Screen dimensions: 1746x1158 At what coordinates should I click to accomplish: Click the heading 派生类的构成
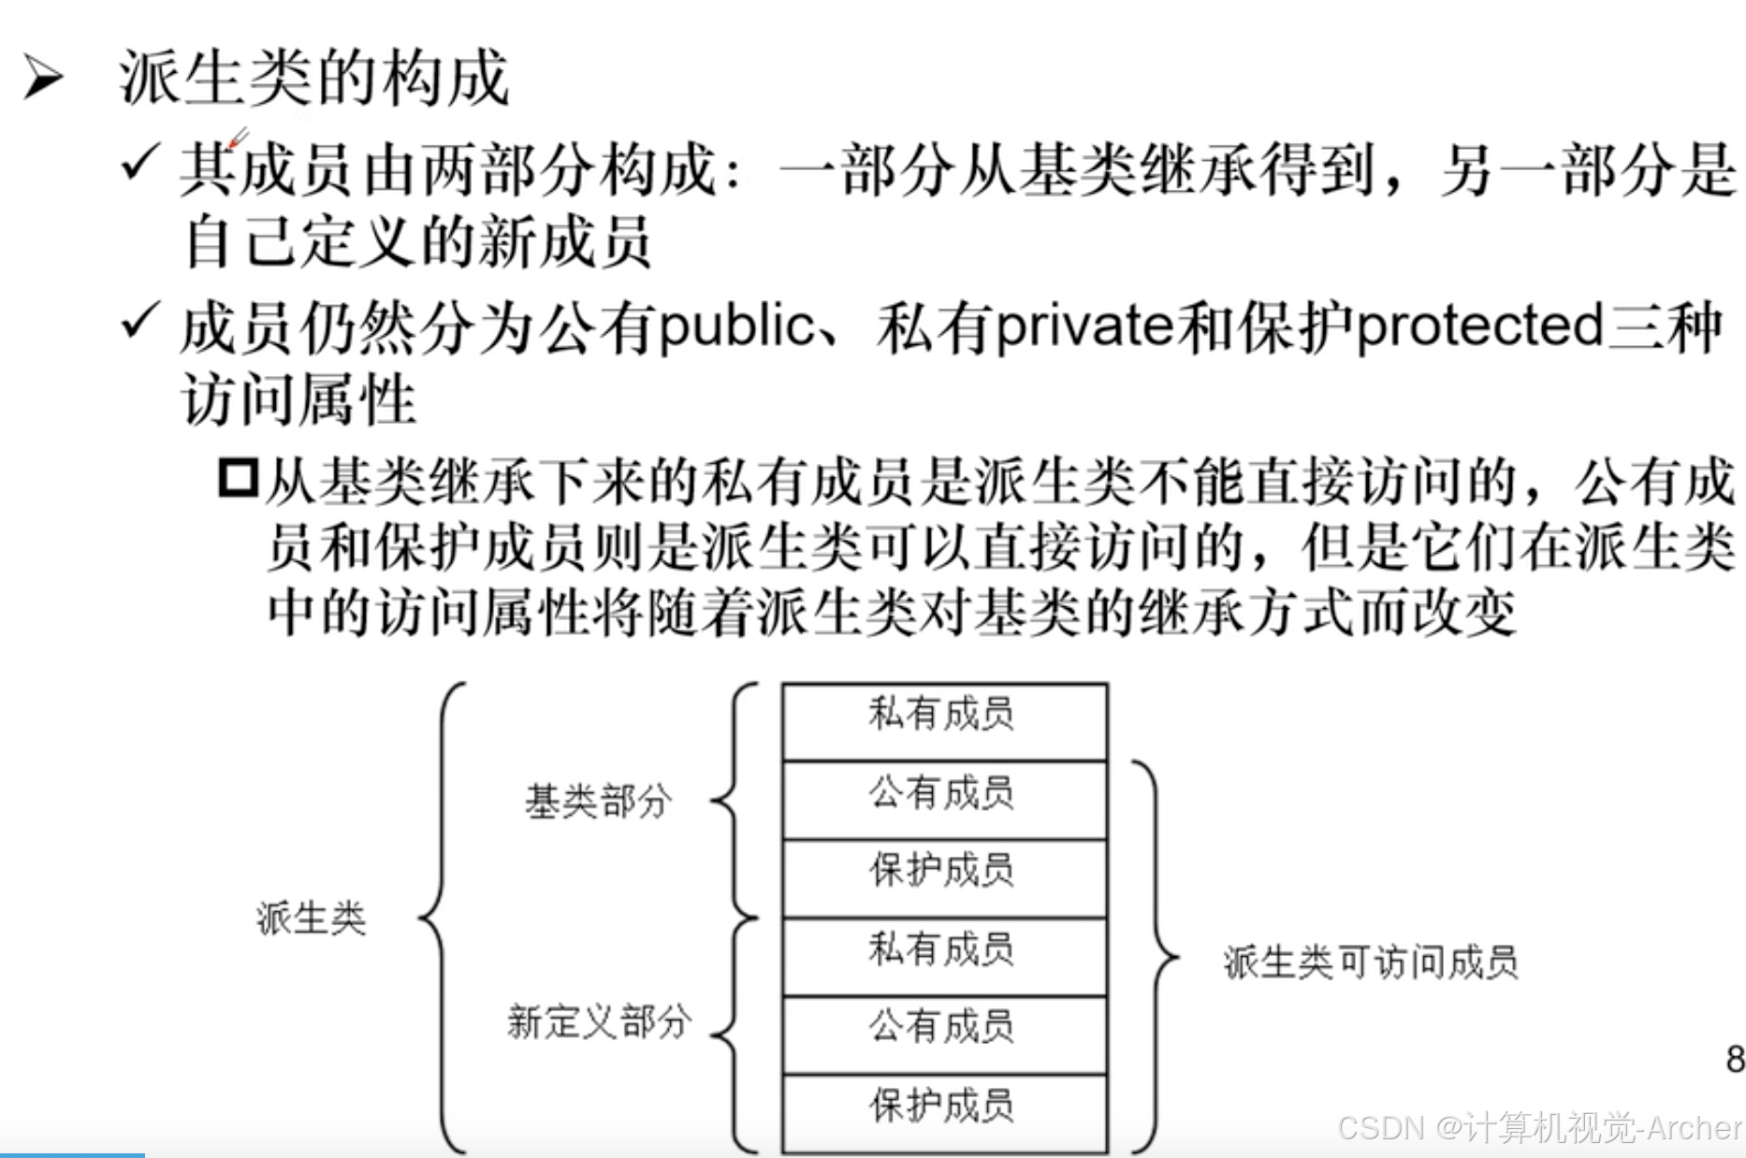coord(313,77)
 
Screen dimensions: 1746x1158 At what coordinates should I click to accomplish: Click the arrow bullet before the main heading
coord(44,77)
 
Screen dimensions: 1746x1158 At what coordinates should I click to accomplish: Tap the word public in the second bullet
coord(736,327)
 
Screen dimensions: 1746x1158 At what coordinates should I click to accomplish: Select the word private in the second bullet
coord(1084,327)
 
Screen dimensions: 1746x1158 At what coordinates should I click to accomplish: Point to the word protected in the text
coord(1478,327)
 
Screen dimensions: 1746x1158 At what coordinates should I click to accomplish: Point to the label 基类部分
coord(598,802)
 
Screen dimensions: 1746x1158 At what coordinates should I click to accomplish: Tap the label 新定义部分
coord(598,1021)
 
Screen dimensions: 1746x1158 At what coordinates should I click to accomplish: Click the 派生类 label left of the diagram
coord(311,919)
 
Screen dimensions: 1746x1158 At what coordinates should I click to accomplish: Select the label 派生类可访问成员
coord(1370,962)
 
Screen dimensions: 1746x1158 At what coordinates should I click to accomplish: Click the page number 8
coord(1734,1059)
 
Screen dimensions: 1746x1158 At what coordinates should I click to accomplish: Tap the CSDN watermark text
coord(1539,1128)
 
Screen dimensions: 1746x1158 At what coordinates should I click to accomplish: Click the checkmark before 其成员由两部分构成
coord(140,165)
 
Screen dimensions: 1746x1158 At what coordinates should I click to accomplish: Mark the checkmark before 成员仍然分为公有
coord(140,322)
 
